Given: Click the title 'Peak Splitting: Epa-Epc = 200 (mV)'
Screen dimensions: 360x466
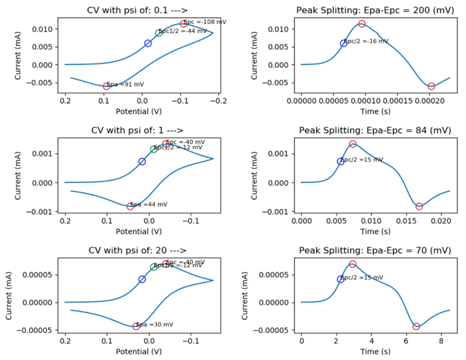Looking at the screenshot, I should (x=374, y=10).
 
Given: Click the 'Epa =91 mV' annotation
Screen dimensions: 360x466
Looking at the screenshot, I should (x=125, y=85).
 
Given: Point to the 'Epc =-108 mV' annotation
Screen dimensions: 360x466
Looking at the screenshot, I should (x=205, y=22).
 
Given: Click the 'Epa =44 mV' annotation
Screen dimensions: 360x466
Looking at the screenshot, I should (x=149, y=205).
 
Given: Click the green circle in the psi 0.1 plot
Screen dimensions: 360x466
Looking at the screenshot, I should (x=159, y=33).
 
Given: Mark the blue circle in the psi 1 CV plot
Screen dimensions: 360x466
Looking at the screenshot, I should (x=142, y=162).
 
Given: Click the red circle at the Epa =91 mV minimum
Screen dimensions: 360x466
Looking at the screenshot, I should (x=106, y=86).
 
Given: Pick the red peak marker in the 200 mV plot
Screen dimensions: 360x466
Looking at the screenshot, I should (x=362, y=24).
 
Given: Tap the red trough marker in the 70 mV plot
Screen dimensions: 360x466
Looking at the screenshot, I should (x=416, y=326).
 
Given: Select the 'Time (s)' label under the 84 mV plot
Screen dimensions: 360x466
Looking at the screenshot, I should (x=374, y=232).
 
